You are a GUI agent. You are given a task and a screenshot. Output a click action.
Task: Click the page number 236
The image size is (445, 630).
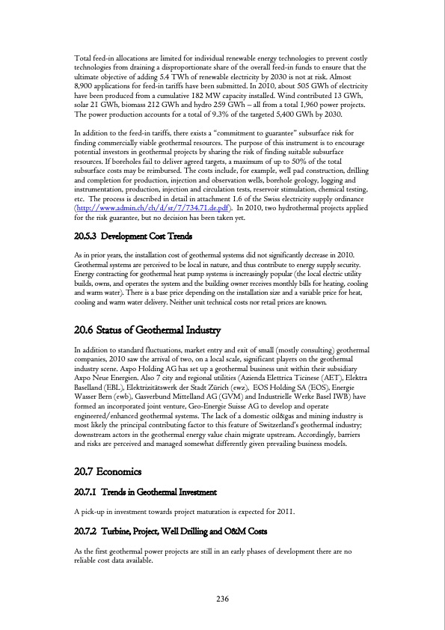click(x=222, y=598)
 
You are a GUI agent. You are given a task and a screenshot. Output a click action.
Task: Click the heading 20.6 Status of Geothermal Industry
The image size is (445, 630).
click(x=147, y=330)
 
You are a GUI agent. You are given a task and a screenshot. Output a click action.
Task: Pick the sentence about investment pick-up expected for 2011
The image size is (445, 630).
click(x=183, y=512)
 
